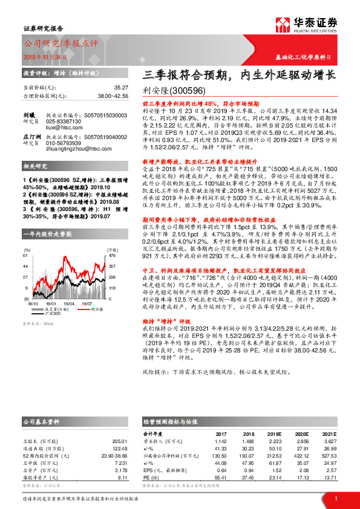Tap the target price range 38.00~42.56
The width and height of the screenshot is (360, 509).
113,96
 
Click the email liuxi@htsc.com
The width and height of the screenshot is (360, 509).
65,128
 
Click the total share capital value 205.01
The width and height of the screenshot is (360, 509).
120,442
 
